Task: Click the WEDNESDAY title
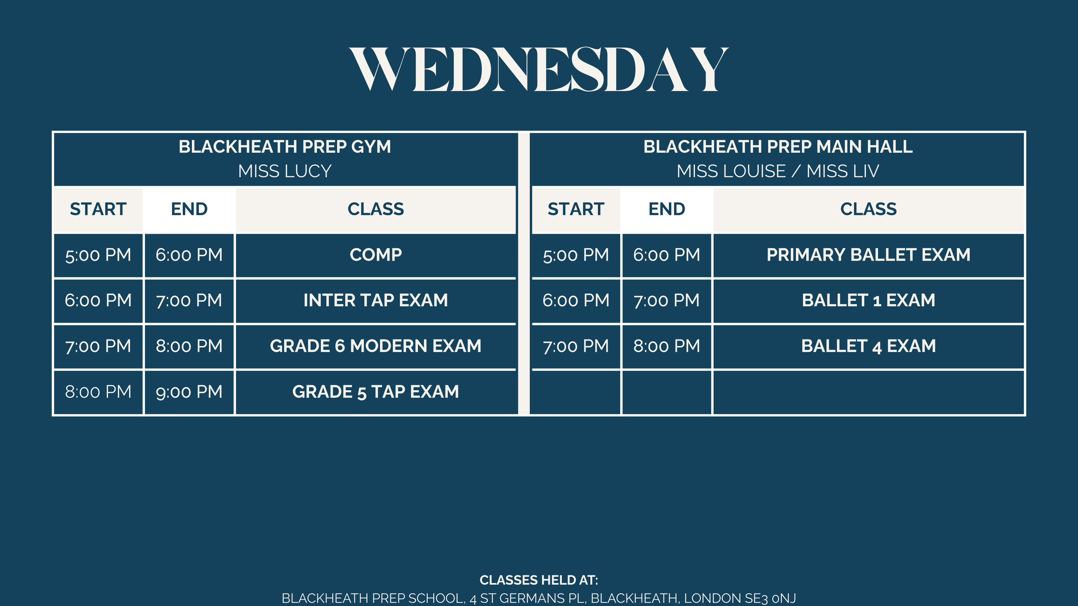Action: pyautogui.click(x=539, y=70)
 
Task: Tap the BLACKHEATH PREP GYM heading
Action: pyautogui.click(x=285, y=147)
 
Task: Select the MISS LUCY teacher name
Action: pyautogui.click(x=285, y=171)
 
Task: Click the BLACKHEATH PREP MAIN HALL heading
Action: pyautogui.click(x=778, y=147)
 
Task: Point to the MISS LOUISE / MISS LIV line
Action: pyautogui.click(x=778, y=171)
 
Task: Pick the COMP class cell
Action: pyautogui.click(x=376, y=255)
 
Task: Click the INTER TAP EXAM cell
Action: pyautogui.click(x=376, y=300)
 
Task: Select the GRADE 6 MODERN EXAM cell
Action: pyautogui.click(x=376, y=346)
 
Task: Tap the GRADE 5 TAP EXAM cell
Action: pyautogui.click(x=376, y=392)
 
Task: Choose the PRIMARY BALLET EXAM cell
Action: pyautogui.click(x=868, y=255)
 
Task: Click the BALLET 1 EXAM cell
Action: pyautogui.click(x=868, y=300)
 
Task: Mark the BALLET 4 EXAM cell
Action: pyautogui.click(x=868, y=346)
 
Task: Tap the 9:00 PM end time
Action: pyautogui.click(x=189, y=392)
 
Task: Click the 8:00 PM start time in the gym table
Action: pyautogui.click(x=98, y=392)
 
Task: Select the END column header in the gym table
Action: pyautogui.click(x=189, y=209)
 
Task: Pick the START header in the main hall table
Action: pyautogui.click(x=576, y=209)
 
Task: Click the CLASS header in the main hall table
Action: pyautogui.click(x=868, y=209)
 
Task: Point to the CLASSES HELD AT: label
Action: pyautogui.click(x=539, y=580)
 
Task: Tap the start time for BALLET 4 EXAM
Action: pyautogui.click(x=576, y=346)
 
